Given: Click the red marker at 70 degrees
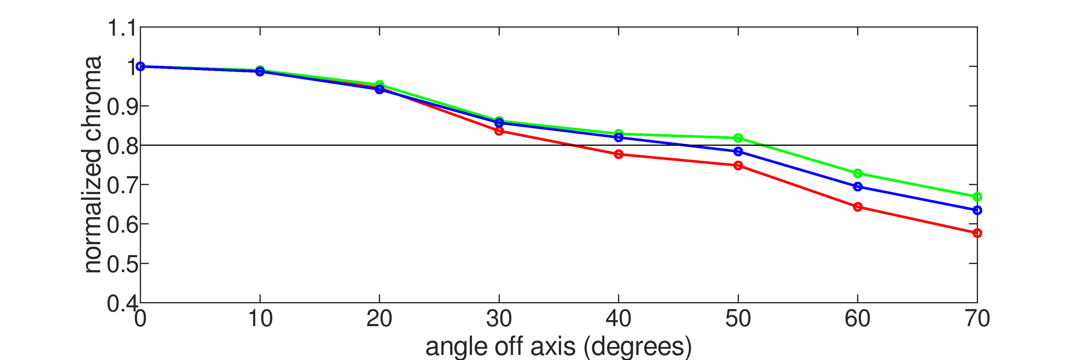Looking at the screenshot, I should tap(977, 233).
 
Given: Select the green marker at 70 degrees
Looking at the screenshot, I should tap(977, 197).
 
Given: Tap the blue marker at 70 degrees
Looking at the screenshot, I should tap(977, 210).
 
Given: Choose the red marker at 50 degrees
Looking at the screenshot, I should tap(738, 166).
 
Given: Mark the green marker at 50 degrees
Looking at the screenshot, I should tap(738, 138).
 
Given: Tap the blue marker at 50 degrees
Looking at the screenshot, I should tap(738, 151).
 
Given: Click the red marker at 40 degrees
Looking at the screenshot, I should tap(618, 154).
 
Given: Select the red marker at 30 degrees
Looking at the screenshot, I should tap(499, 131).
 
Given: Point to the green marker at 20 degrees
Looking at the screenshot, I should tap(379, 85).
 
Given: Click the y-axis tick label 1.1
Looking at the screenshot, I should tap(122, 28).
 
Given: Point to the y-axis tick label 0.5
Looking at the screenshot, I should tap(122, 264).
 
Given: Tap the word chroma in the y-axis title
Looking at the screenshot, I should tap(93, 98).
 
